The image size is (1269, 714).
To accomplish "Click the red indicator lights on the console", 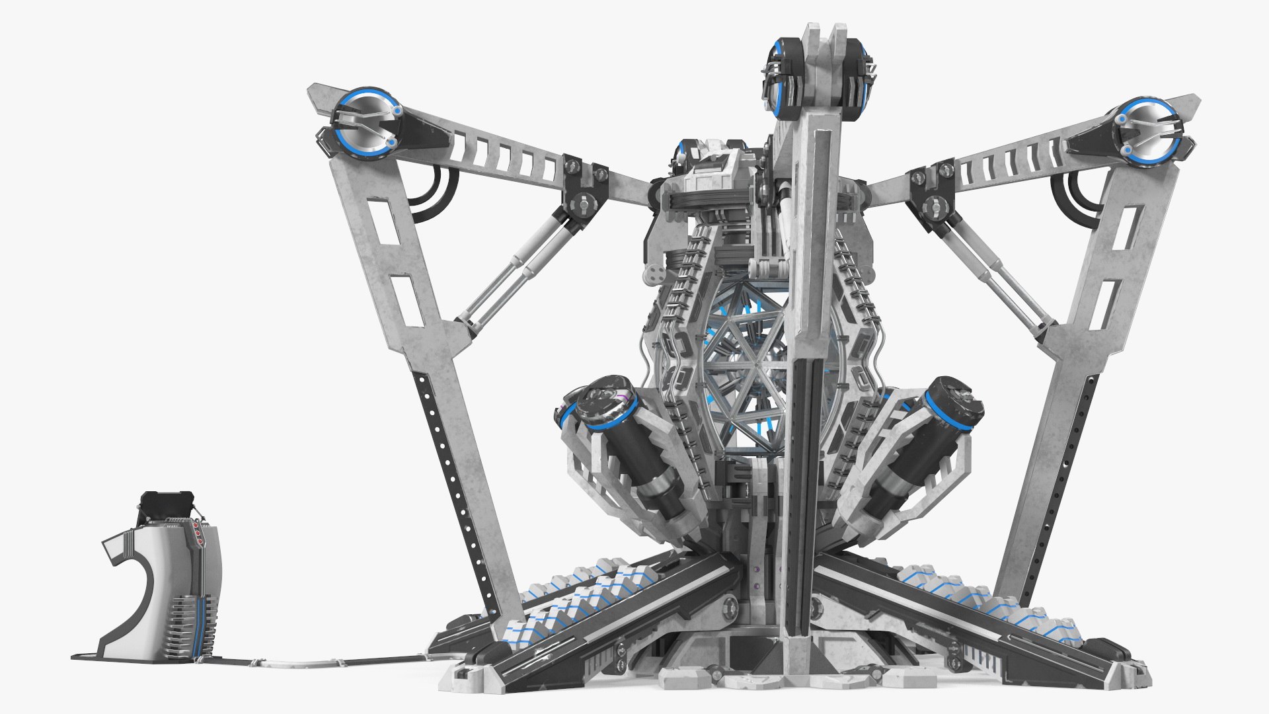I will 198,532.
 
